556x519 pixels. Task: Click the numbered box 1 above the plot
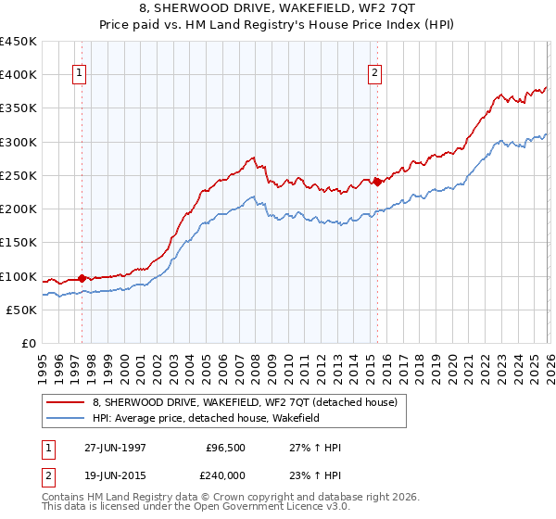click(x=80, y=75)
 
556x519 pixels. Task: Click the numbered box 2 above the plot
click(x=375, y=75)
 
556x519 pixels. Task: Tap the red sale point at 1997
click(x=82, y=278)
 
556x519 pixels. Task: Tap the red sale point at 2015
click(x=377, y=182)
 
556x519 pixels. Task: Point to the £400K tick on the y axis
click(x=19, y=75)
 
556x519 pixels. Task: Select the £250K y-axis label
click(x=19, y=176)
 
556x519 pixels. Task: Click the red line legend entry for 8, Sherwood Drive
click(x=245, y=402)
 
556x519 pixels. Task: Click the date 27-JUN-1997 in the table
click(x=115, y=447)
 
